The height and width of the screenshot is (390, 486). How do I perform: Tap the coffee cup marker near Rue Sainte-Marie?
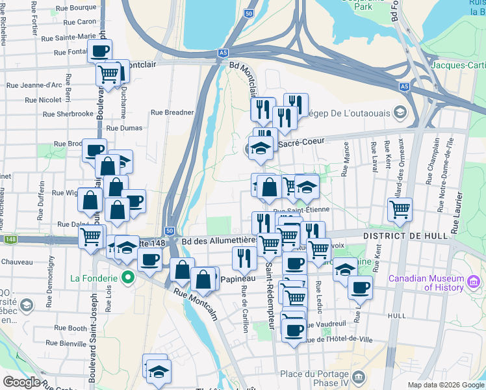(100, 50)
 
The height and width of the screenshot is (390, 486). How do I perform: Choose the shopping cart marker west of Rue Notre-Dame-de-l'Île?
(400, 209)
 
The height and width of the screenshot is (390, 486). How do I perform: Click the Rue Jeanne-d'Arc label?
(34, 84)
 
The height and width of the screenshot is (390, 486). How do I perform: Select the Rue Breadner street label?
(172, 112)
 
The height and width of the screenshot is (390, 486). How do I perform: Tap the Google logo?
(21, 382)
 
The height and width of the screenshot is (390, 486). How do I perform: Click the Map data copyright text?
(445, 384)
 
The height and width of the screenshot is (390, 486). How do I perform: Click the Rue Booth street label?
(70, 328)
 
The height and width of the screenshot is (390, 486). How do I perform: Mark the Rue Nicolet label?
(44, 100)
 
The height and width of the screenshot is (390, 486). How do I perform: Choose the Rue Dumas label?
(123, 129)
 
